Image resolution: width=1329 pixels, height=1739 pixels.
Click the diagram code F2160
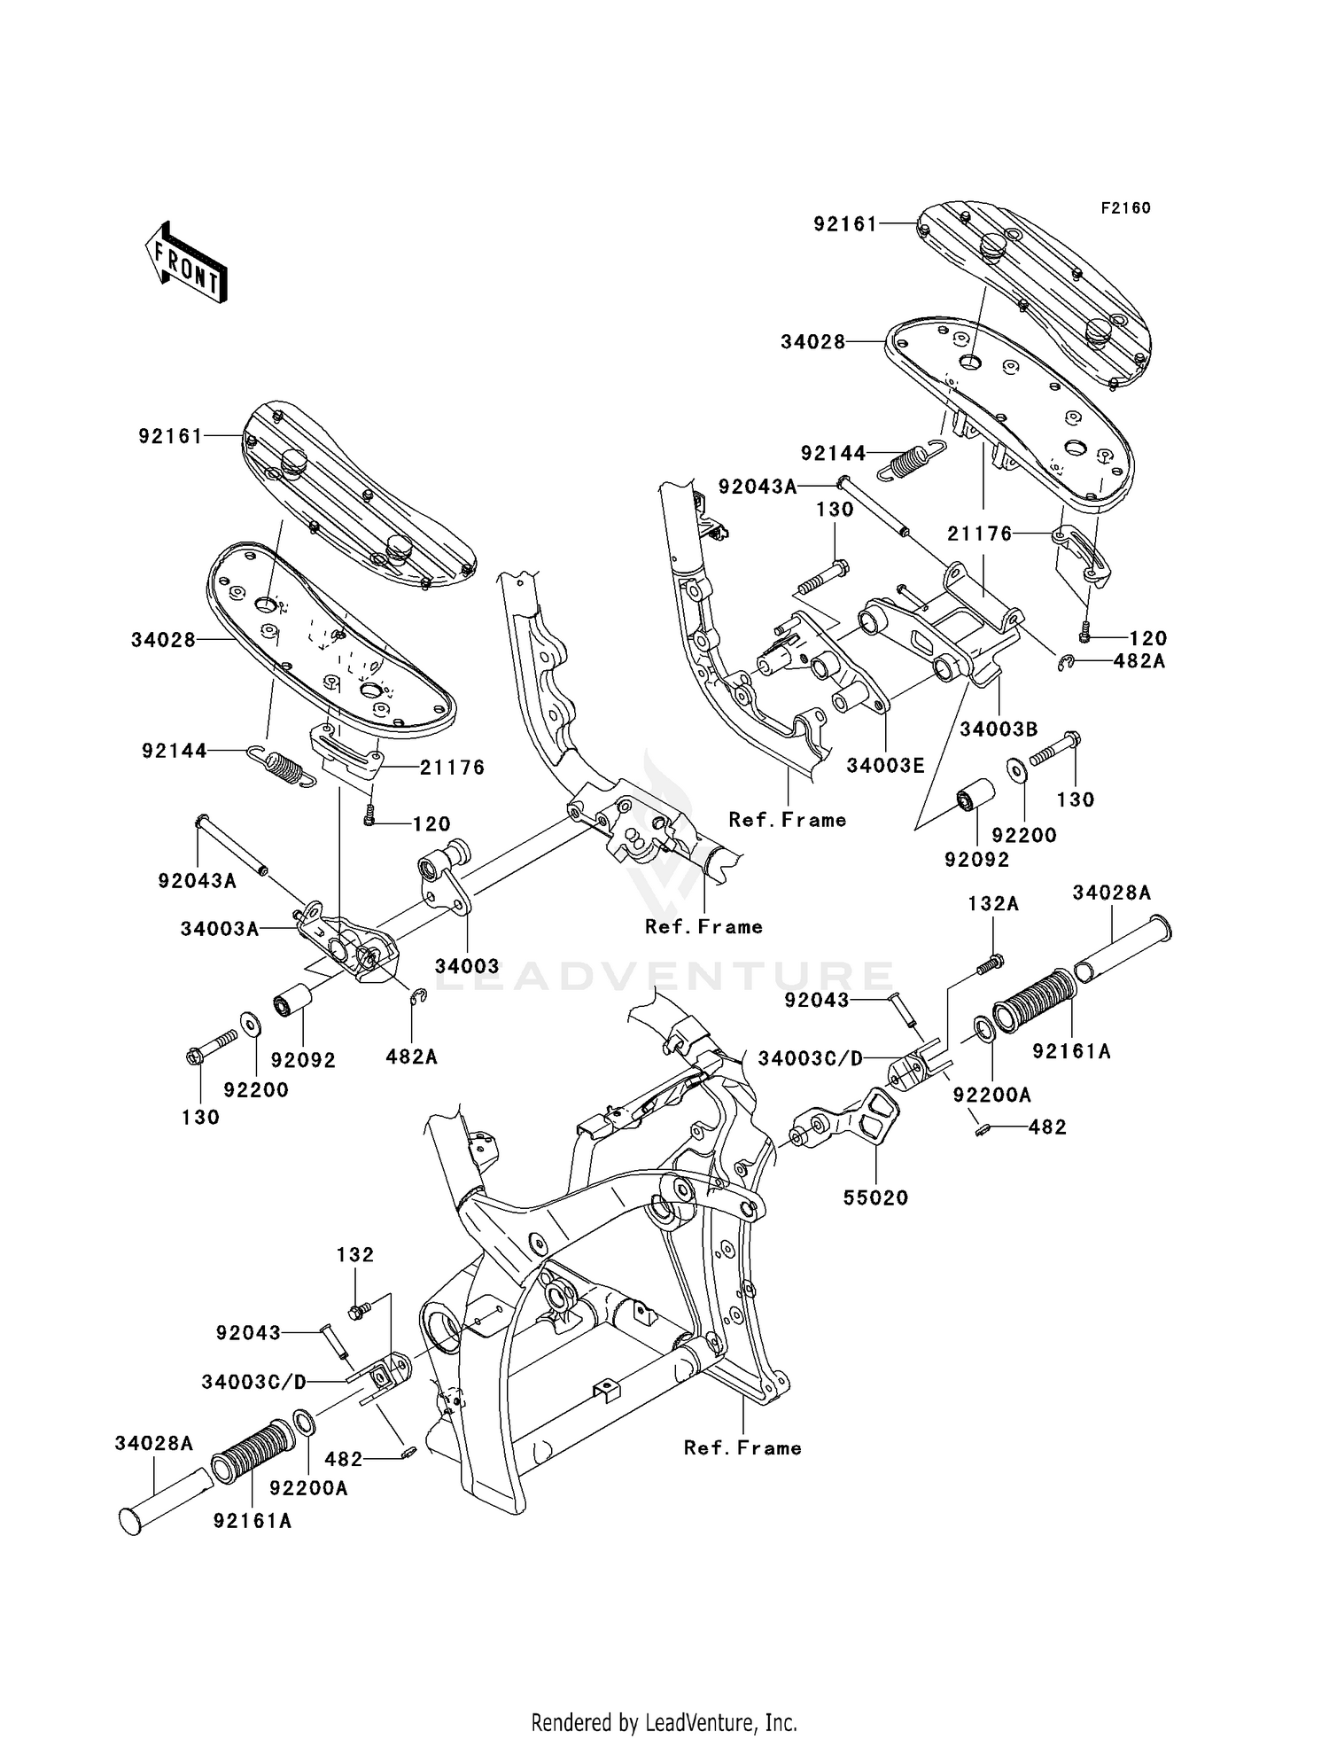tap(1125, 208)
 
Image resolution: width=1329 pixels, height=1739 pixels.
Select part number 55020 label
tap(875, 1198)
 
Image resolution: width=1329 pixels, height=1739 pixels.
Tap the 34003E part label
tap(885, 766)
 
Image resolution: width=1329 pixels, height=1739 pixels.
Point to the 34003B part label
tap(999, 729)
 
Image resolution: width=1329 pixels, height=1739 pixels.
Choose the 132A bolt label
tap(993, 903)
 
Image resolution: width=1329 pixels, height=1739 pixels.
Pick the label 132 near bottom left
tap(355, 1255)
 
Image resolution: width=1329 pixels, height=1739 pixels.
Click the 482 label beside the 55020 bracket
tap(1047, 1127)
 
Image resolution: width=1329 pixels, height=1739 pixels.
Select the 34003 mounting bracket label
tap(467, 966)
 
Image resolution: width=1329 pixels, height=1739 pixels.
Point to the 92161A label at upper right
tap(1071, 1051)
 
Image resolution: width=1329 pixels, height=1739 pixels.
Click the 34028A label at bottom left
tap(153, 1444)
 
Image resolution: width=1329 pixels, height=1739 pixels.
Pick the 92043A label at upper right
tap(758, 487)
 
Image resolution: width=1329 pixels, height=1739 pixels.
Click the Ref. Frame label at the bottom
tap(742, 1448)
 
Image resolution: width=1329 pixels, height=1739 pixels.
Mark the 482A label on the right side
tap(1139, 661)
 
